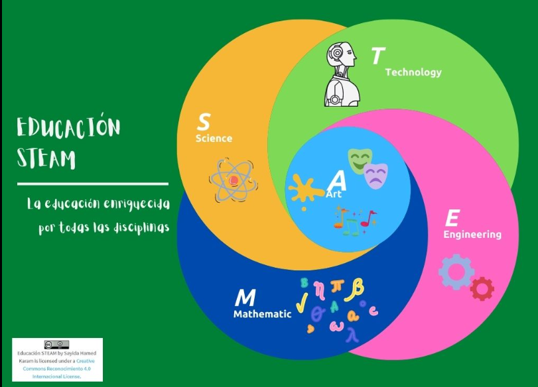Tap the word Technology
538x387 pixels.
click(x=413, y=72)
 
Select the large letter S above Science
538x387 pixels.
click(x=204, y=122)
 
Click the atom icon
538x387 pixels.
click(x=234, y=180)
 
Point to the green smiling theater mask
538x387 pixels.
click(x=360, y=160)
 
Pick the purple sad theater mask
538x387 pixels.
click(x=376, y=176)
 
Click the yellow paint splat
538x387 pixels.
click(x=304, y=190)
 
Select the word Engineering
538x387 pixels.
click(x=472, y=235)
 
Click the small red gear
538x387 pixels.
click(x=482, y=289)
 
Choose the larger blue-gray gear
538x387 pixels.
click(x=456, y=272)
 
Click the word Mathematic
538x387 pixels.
click(x=263, y=314)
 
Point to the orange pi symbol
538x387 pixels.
click(x=337, y=286)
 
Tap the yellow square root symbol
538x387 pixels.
click(x=302, y=302)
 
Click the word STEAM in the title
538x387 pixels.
click(x=46, y=158)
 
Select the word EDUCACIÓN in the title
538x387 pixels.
click(x=68, y=127)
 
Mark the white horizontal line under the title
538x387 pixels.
click(x=93, y=184)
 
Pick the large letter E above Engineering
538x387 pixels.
click(x=452, y=218)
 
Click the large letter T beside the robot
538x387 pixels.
click(x=378, y=56)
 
